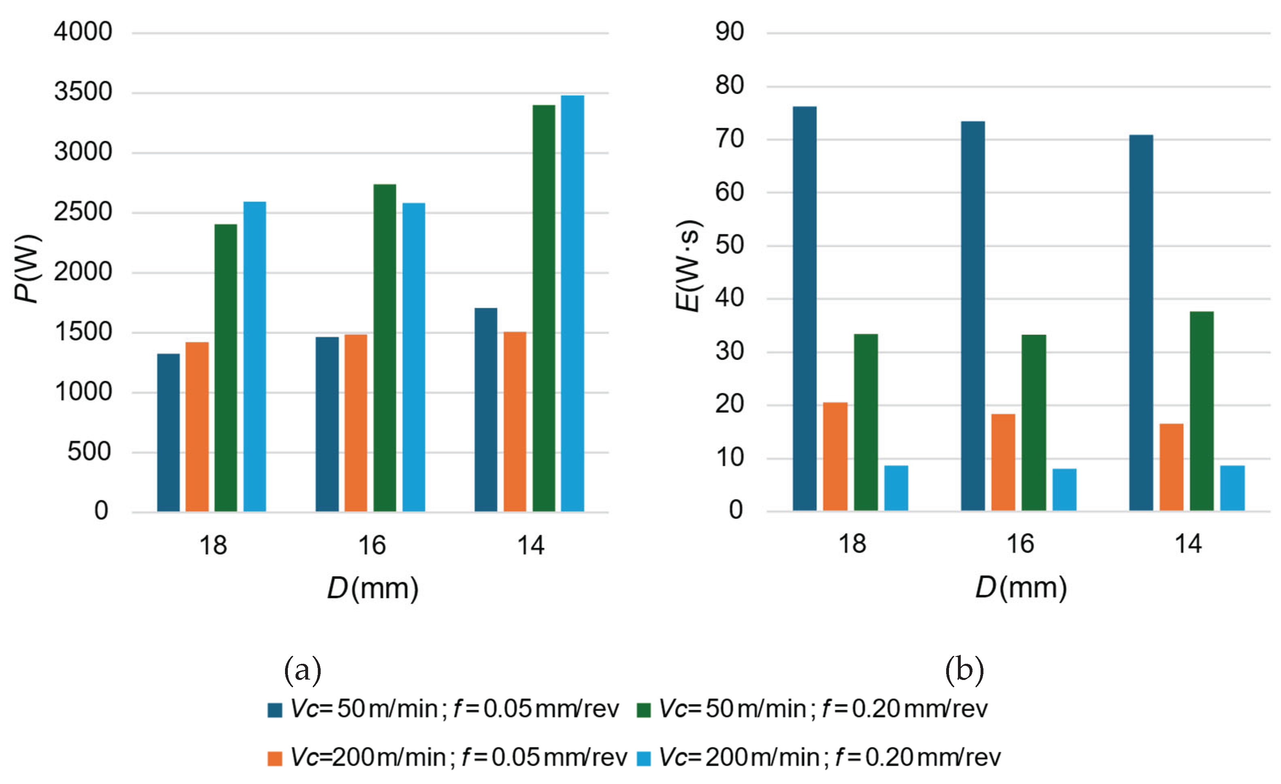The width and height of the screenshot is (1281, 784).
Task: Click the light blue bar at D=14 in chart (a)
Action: point(572,304)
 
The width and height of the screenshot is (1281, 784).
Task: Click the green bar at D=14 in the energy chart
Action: point(1202,411)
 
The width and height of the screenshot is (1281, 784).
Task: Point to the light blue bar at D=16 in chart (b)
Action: point(1064,490)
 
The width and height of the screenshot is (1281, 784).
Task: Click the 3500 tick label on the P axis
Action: point(83,92)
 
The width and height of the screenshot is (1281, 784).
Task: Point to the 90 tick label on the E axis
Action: point(730,32)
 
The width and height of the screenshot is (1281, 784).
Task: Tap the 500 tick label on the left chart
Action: point(89,452)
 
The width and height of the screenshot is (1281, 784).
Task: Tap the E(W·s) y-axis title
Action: point(689,266)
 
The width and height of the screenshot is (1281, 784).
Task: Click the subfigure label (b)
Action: point(964,670)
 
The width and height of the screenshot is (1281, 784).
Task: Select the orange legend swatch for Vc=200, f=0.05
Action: point(274,759)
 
